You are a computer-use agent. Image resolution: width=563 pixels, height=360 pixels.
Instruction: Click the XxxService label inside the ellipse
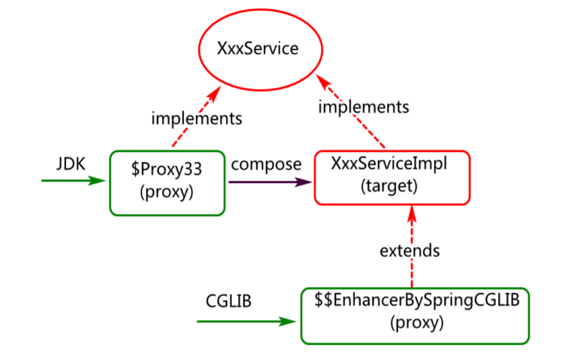pos(258,48)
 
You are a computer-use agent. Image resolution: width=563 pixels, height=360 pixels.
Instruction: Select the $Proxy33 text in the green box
pos(166,169)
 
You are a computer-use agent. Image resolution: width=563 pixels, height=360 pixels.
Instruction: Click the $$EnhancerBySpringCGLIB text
pos(417,300)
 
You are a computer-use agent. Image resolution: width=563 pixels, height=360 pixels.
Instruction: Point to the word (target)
pos(389,186)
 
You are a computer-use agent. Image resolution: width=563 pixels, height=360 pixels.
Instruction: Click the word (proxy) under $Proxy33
pos(166,192)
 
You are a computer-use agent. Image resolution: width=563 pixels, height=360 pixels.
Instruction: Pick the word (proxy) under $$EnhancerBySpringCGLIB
pos(417,323)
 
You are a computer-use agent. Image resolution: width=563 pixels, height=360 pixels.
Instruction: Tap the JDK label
pos(71,164)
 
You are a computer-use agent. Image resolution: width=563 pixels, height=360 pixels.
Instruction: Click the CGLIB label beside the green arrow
pos(228,301)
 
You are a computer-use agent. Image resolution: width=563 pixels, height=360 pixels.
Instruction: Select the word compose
pos(266,165)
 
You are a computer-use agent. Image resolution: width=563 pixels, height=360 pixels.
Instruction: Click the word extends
pos(410,251)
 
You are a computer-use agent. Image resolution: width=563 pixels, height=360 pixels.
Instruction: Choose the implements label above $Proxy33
pos(197,118)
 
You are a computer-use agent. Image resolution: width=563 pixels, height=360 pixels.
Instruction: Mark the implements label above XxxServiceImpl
pos(364,107)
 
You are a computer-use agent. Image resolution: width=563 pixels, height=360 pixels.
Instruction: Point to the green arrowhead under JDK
pos(97,181)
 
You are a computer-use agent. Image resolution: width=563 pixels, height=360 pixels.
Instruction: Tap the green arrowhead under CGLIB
pos(287,321)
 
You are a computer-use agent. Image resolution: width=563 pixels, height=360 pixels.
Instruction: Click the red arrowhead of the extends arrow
pos(412,214)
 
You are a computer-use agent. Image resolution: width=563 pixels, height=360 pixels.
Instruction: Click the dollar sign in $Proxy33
pos(135,169)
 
